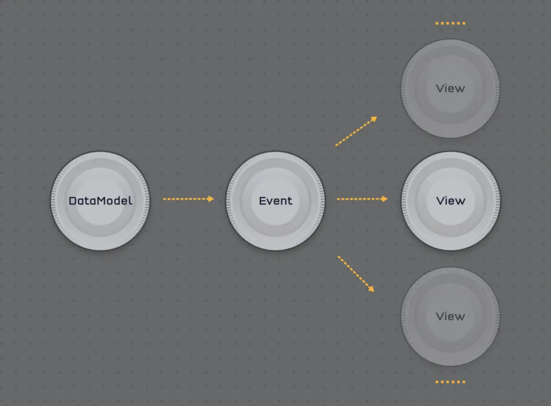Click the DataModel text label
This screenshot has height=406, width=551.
pyautogui.click(x=100, y=201)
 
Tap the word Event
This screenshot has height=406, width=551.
pyautogui.click(x=275, y=201)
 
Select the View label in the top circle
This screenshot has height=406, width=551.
pyautogui.click(x=451, y=89)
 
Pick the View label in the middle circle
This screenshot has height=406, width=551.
pyautogui.click(x=451, y=201)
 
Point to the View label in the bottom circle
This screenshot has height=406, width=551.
pyautogui.click(x=451, y=316)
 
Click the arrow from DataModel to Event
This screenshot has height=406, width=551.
pyautogui.click(x=188, y=199)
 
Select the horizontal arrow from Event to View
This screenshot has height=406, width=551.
pyautogui.click(x=362, y=199)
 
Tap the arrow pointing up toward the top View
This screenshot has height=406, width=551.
pyautogui.click(x=356, y=131)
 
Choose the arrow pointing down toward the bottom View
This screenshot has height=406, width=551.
pyautogui.click(x=356, y=274)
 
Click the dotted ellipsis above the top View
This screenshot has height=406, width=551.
pyautogui.click(x=450, y=23)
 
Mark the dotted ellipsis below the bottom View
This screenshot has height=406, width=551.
pyautogui.click(x=450, y=382)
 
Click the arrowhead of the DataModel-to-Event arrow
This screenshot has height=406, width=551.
pyautogui.click(x=210, y=199)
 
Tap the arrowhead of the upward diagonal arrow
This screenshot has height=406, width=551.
pyautogui.click(x=374, y=119)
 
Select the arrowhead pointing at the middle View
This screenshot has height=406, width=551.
pyautogui.click(x=384, y=199)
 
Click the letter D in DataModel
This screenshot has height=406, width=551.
pyautogui.click(x=73, y=201)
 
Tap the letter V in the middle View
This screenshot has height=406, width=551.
pyautogui.click(x=441, y=201)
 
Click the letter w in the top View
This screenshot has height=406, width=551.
pyautogui.click(x=460, y=89)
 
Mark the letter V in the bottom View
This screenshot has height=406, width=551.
pyautogui.click(x=441, y=316)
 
